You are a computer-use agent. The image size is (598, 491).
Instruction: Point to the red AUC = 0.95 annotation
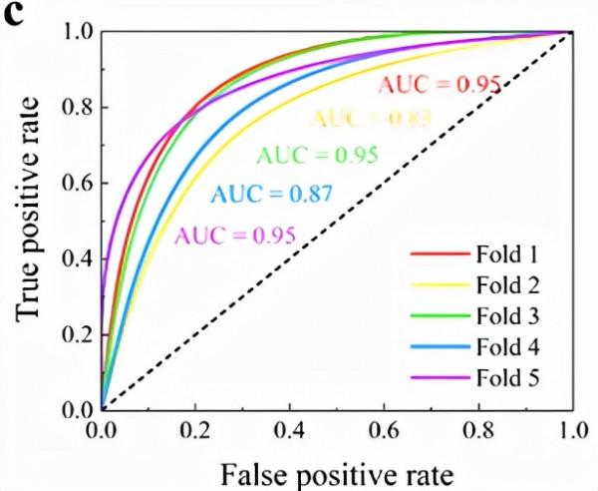(x=439, y=84)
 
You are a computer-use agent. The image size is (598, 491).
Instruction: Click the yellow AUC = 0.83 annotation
(x=372, y=119)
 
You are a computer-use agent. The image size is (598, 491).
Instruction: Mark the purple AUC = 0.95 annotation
(x=235, y=237)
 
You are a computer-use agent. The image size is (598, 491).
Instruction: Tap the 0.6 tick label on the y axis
(x=77, y=184)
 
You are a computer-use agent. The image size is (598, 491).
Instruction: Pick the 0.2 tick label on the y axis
(x=77, y=333)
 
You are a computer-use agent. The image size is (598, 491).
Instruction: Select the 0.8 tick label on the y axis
(x=77, y=108)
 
